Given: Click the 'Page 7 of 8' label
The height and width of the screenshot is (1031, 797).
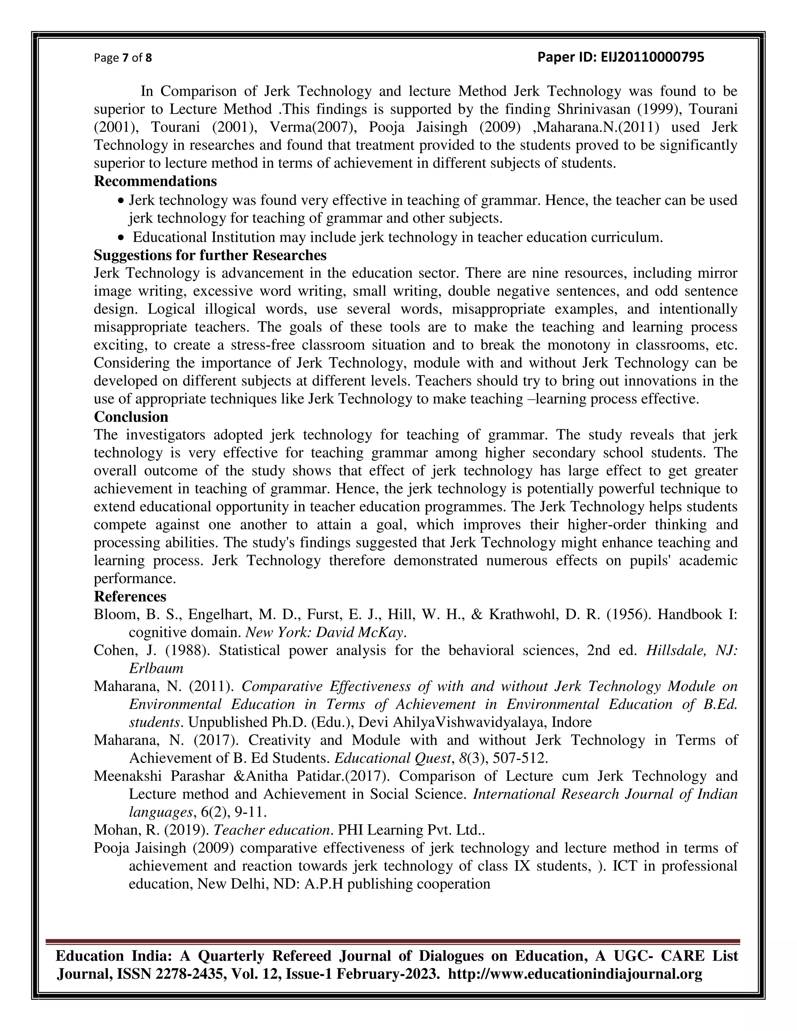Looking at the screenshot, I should pos(123,58).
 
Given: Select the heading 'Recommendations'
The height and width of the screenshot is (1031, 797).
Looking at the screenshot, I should pos(155,181).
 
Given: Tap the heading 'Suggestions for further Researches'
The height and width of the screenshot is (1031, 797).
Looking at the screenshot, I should pos(210,255).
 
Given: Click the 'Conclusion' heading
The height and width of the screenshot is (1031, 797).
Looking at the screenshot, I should pos(131,416).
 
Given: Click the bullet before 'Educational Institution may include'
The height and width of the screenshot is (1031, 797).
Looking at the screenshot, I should pos(122,237).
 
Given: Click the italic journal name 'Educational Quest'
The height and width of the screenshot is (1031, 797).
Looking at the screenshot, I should pos(392,758).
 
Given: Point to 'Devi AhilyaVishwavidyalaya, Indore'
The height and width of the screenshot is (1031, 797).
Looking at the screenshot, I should pos(475,722).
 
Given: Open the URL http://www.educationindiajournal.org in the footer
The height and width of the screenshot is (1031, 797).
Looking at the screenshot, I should pos(575,974).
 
